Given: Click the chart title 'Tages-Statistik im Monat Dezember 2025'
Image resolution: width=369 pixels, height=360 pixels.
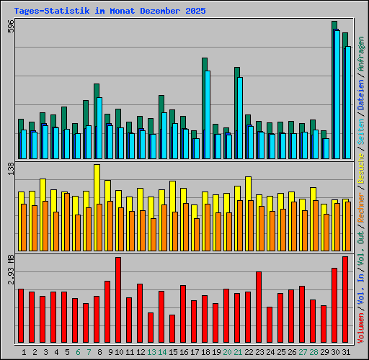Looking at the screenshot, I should click(x=110, y=12).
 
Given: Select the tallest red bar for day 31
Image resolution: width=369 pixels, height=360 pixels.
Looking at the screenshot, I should click(x=344, y=300).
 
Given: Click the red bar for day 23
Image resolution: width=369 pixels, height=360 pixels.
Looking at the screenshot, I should click(x=258, y=307).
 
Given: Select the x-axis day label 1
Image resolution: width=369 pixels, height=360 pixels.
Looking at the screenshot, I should click(x=25, y=353).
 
